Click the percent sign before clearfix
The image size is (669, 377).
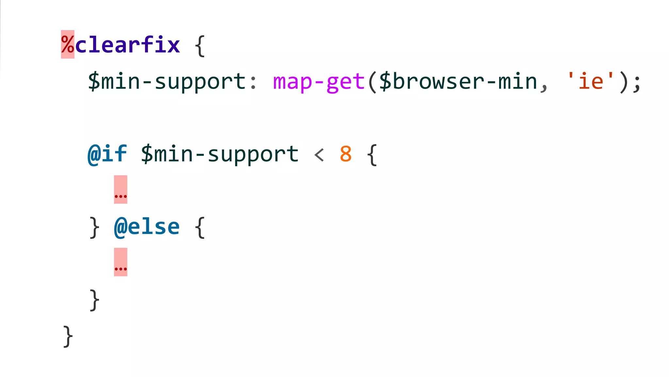68,45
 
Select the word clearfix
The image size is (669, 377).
127,45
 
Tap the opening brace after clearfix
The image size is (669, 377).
200,46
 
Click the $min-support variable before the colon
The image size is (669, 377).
167,81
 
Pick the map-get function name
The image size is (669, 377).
318,81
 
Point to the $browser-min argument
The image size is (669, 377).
458,81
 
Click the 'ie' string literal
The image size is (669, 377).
591,81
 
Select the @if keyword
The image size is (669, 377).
107,154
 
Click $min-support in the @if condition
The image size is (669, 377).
220,154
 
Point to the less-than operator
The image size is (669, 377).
319,154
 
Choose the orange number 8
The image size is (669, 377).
346,154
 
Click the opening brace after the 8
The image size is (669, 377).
372,155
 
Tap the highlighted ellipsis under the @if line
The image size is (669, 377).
121,190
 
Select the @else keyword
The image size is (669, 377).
147,227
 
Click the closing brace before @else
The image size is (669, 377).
94,227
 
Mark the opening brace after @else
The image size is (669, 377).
200,227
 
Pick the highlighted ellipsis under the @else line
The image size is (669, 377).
121,262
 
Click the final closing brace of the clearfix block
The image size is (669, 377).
68,336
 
